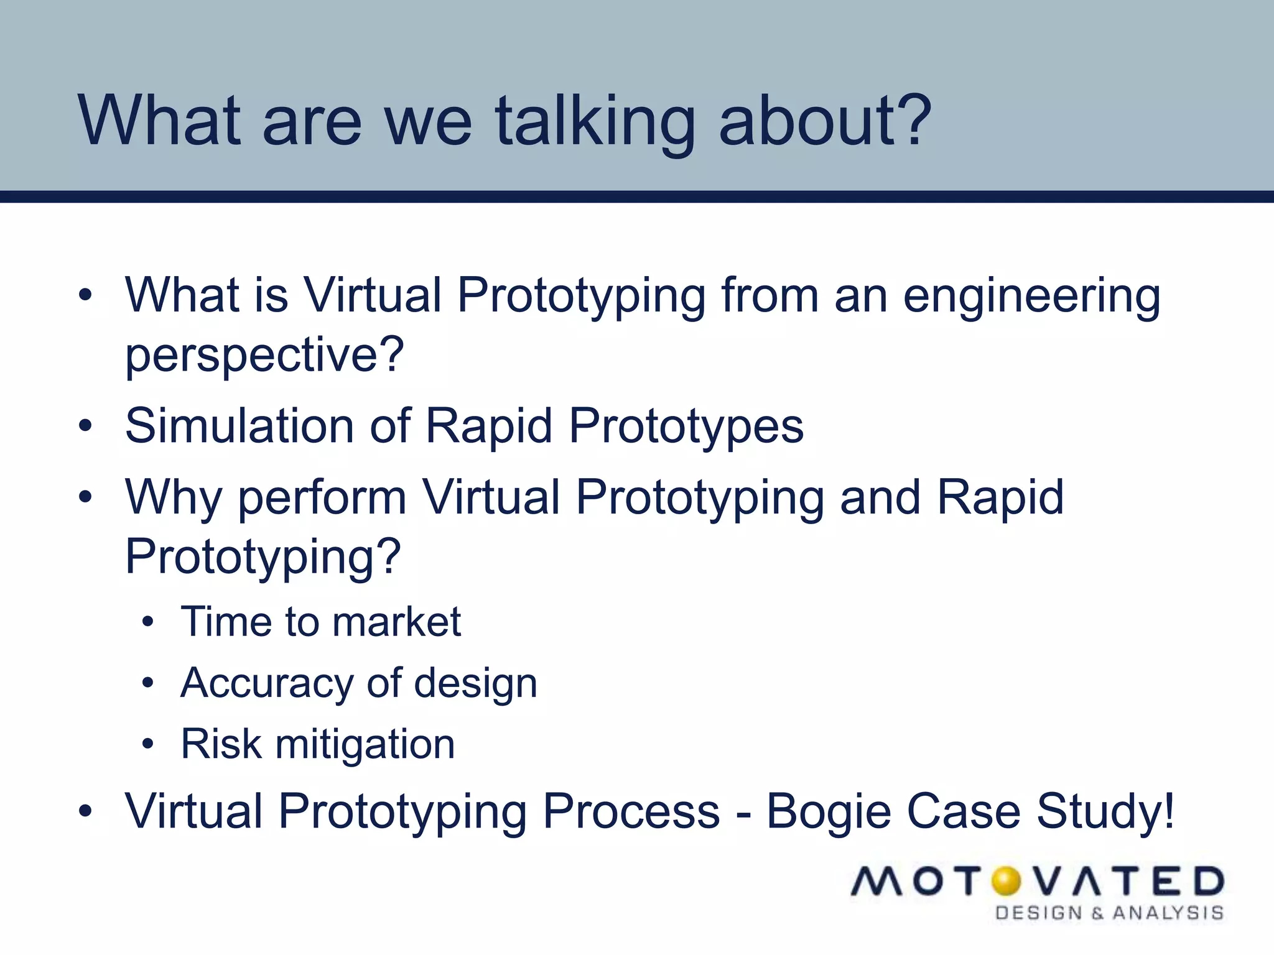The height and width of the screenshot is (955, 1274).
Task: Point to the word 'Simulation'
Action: click(x=240, y=427)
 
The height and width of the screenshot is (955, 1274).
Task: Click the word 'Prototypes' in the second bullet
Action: click(x=686, y=428)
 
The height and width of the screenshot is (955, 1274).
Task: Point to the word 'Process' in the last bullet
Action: click(x=631, y=811)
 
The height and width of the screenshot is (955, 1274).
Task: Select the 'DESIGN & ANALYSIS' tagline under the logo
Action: click(x=1109, y=913)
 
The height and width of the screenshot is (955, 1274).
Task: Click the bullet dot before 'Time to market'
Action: click(x=147, y=622)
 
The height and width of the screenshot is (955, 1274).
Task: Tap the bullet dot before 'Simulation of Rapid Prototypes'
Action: click(x=86, y=427)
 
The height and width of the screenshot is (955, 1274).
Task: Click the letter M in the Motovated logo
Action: click(x=878, y=882)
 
